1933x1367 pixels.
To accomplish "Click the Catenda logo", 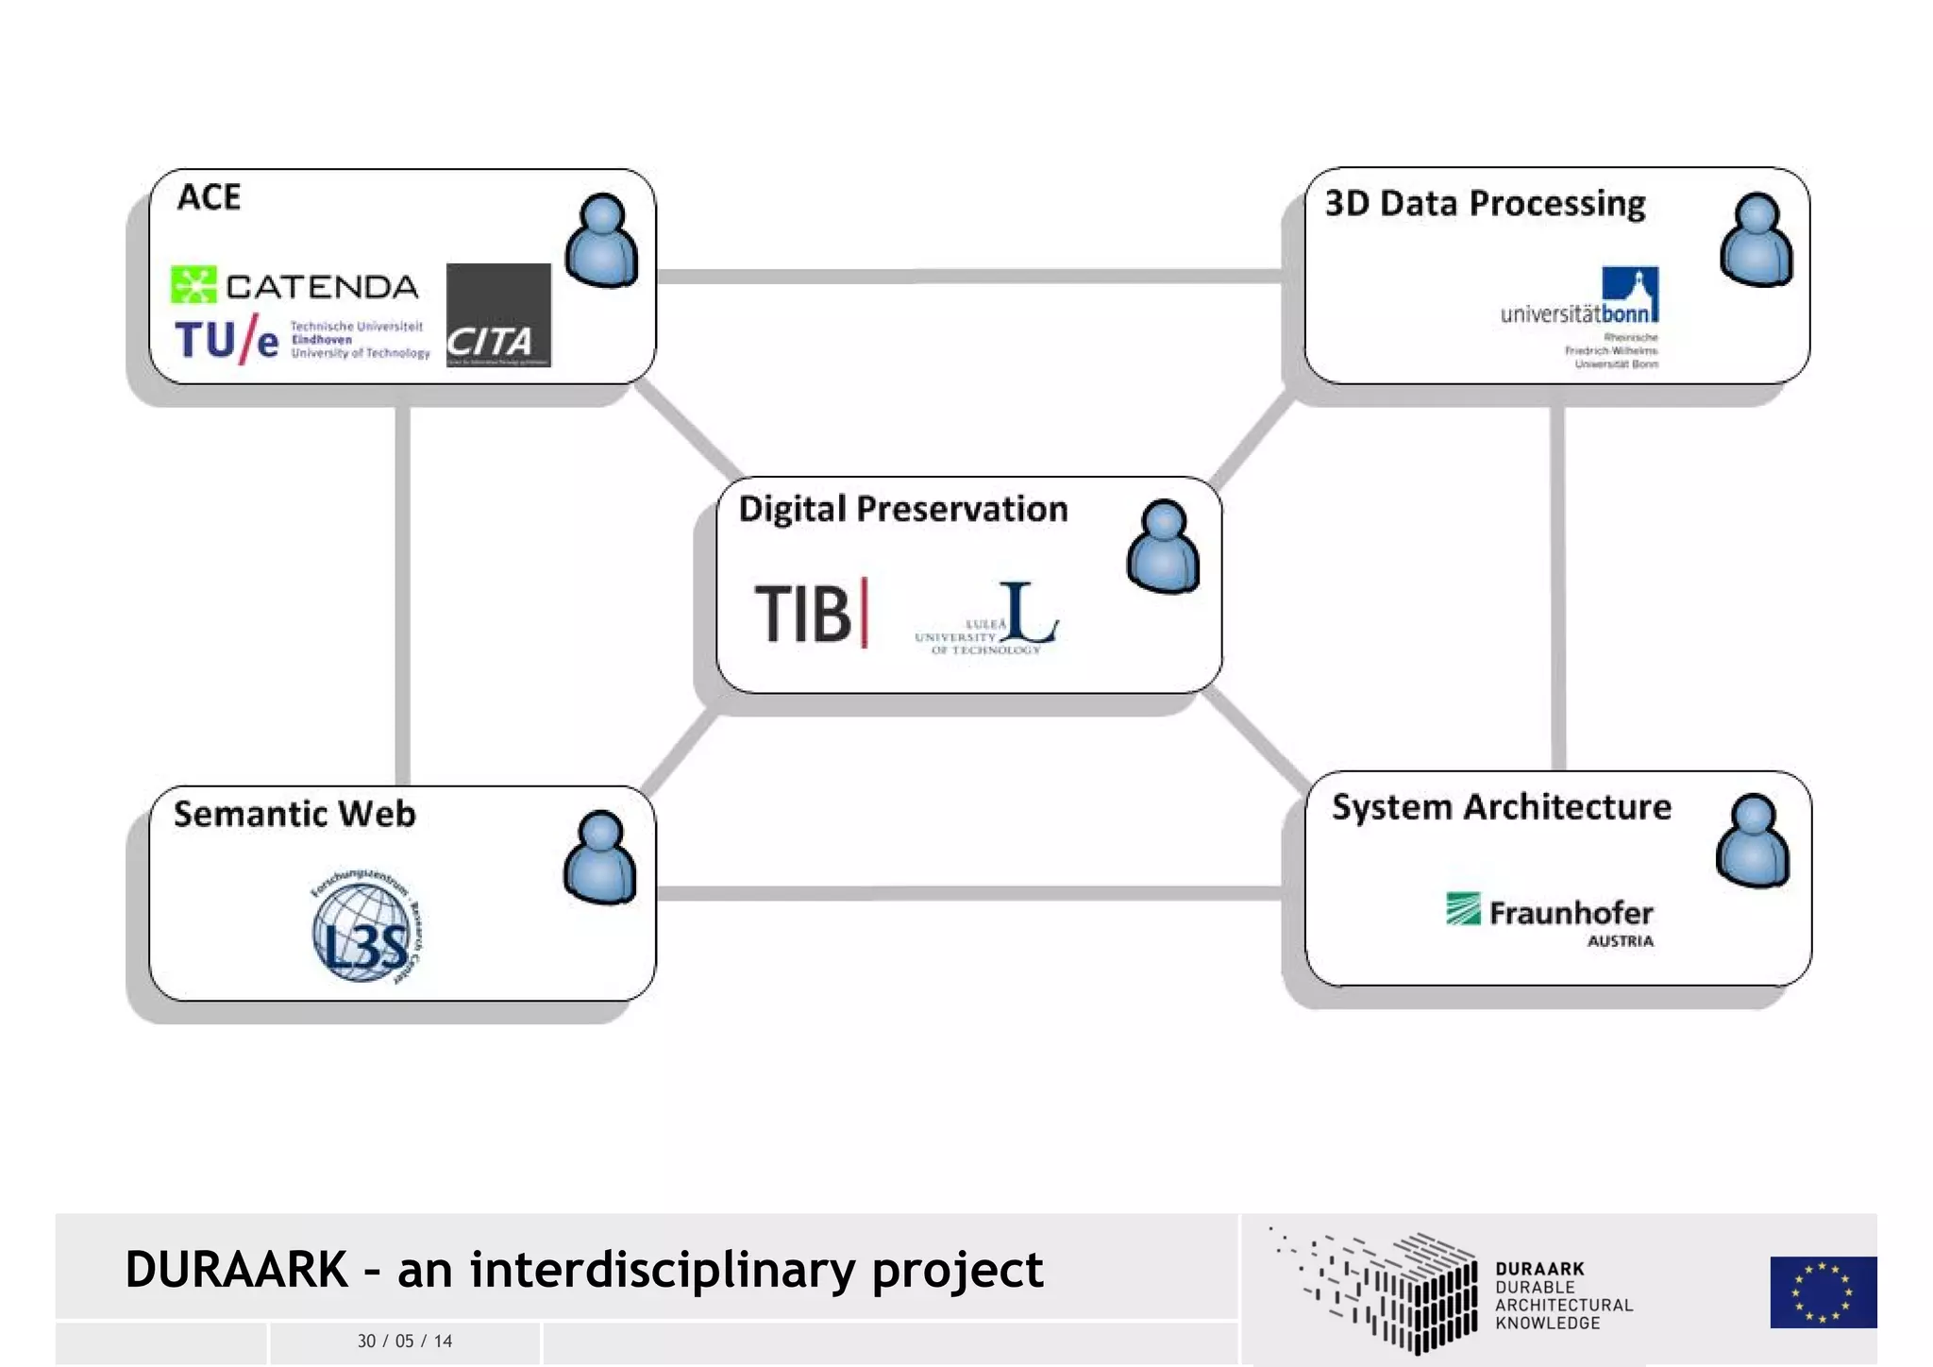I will click(294, 285).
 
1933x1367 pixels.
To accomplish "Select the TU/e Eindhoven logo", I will click(301, 340).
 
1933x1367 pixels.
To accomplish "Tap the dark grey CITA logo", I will click(497, 315).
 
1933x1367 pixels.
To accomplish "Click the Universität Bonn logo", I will click(1580, 317).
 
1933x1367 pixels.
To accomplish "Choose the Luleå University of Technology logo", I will click(987, 618).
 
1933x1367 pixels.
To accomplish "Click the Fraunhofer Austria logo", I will click(1550, 918).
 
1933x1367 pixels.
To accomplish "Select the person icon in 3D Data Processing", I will click(1756, 240).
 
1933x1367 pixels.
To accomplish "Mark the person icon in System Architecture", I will click(1753, 840).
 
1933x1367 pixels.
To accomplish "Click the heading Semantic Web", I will click(294, 814).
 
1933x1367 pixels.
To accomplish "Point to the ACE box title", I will click(209, 197).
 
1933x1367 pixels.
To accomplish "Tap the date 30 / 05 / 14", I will click(405, 1341).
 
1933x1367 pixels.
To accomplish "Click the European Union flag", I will click(1823, 1291).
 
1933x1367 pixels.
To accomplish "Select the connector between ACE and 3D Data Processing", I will click(969, 277).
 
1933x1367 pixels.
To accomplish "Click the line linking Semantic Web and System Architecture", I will click(969, 893).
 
